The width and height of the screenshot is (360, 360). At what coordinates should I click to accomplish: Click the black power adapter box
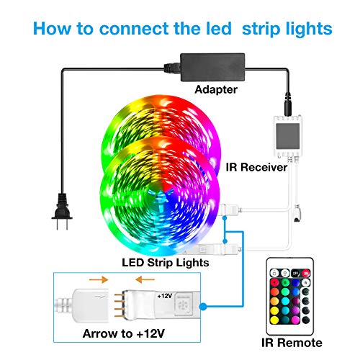coord(212,67)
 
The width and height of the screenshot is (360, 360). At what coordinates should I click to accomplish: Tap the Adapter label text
coord(216,89)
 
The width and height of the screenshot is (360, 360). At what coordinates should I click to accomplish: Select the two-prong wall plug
coord(62,211)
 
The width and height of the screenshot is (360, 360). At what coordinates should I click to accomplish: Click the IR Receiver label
coord(256,167)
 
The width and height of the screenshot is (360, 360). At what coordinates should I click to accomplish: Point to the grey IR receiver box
coord(288,136)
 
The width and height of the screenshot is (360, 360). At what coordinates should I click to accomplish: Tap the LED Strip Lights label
coord(166,263)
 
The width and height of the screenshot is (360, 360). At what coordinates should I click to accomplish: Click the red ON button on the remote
coord(305,273)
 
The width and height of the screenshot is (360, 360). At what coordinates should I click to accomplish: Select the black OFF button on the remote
coord(295,273)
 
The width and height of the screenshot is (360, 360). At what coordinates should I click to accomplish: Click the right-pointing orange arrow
coord(99,279)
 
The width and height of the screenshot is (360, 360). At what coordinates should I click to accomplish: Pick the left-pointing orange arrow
coord(145,279)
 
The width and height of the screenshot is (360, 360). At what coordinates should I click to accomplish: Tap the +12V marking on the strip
coord(165,296)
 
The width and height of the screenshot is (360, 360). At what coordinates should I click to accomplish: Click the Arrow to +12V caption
coord(124,333)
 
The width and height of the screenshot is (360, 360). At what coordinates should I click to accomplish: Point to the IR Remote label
coord(292,343)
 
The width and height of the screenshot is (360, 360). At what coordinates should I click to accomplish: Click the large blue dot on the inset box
coord(203,307)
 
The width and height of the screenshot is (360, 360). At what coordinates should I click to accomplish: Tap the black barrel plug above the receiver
coord(287,104)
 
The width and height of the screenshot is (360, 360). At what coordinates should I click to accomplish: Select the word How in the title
coord(52,29)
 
